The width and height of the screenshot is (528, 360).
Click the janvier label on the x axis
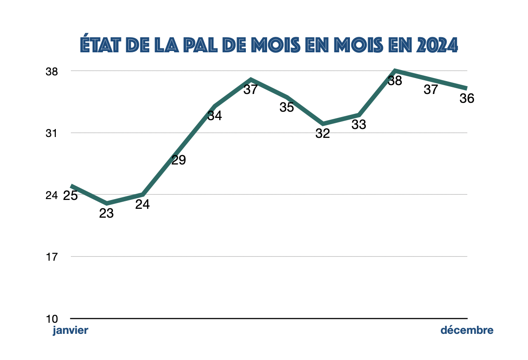[70, 330]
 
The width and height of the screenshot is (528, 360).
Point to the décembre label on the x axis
[466, 330]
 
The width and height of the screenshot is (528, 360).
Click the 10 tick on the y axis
[52, 318]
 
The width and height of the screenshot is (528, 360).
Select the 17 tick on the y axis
[52, 257]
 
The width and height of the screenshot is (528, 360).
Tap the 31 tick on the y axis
[52, 133]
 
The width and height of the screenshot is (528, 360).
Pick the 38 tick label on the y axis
[52, 71]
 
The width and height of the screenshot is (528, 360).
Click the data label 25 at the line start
[70, 196]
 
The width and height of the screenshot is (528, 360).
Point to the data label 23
[106, 214]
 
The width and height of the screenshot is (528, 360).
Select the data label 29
[179, 160]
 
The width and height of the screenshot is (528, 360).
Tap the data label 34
[215, 116]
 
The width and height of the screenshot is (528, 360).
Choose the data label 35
[287, 107]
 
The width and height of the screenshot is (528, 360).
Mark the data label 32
[323, 133]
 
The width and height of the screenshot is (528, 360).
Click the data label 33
[359, 125]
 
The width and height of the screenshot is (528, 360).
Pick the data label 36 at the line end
[467, 98]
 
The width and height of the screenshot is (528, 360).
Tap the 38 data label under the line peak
[395, 81]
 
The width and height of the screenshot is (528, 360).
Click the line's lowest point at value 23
[106, 203]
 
